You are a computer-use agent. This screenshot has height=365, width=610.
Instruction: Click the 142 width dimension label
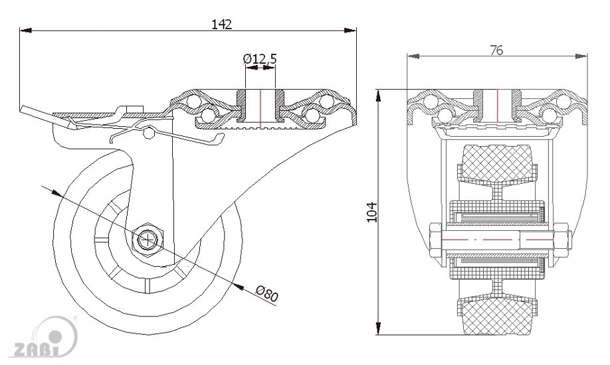(x=221, y=24)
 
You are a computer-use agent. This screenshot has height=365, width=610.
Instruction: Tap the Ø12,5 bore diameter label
(x=260, y=60)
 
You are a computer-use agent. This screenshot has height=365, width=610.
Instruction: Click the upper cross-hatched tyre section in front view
(x=496, y=163)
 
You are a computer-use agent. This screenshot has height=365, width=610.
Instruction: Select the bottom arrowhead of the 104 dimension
(x=379, y=334)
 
